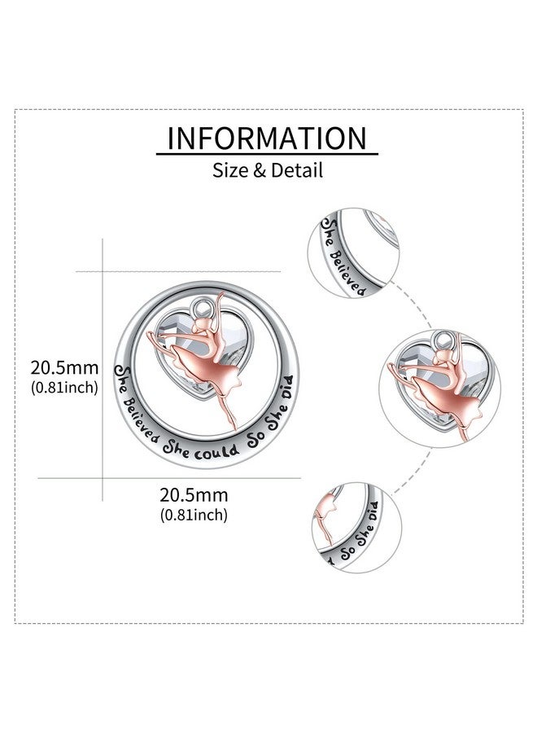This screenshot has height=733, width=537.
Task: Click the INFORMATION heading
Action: click(267, 138)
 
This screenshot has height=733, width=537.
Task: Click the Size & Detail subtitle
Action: click(268, 169)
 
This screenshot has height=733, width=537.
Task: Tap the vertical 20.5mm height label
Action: click(64, 367)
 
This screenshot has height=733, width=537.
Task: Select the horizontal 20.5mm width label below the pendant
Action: click(194, 494)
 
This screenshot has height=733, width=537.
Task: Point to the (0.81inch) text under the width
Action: click(194, 515)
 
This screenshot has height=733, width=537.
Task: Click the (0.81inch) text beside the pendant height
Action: click(64, 387)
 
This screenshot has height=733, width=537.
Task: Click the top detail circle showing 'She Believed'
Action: click(353, 254)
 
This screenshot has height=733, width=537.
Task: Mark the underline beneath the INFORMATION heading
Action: click(267, 153)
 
